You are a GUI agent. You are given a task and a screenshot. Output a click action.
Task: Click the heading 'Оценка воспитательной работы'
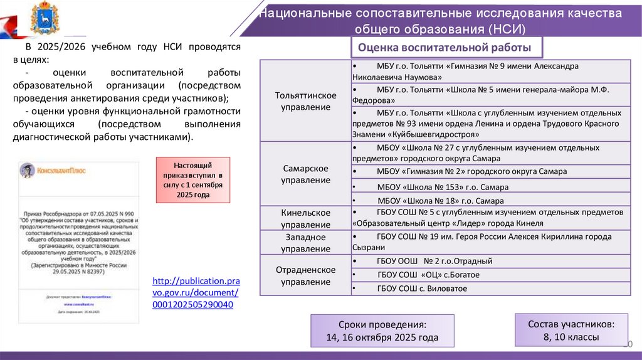(x=445, y=48)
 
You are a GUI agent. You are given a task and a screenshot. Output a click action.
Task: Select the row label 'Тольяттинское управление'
(x=305, y=101)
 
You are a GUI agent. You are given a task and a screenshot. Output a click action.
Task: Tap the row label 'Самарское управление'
(x=305, y=175)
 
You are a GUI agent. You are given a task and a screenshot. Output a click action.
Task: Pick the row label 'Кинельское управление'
(x=305, y=218)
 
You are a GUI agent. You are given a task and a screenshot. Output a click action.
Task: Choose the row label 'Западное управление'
(x=305, y=243)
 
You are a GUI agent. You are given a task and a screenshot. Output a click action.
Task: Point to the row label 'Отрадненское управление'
(x=305, y=275)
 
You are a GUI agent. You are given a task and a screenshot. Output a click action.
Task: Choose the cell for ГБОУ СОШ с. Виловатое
(x=422, y=289)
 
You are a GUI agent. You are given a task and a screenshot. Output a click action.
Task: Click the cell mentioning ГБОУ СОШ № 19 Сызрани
(x=489, y=242)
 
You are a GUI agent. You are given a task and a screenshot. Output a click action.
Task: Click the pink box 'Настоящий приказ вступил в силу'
(x=193, y=179)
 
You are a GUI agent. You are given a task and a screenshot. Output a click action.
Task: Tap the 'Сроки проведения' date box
(x=382, y=331)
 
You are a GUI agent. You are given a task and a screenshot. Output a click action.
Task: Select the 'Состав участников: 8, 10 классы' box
(x=571, y=331)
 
